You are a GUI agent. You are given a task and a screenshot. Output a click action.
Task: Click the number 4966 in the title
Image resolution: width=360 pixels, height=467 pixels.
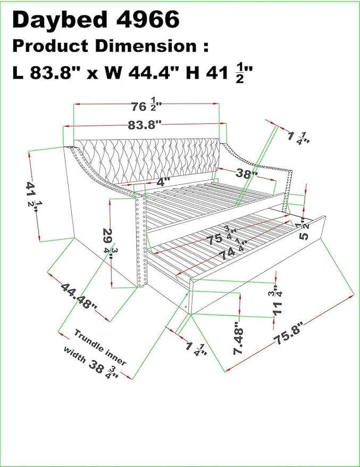[148, 19]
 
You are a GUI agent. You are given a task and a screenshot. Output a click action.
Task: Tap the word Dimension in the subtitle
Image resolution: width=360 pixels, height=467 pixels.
[146, 46]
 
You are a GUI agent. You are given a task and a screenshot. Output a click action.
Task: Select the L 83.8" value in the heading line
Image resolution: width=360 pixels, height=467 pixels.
[48, 73]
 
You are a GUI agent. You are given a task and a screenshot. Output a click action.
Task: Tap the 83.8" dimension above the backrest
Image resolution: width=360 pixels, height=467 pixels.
[145, 125]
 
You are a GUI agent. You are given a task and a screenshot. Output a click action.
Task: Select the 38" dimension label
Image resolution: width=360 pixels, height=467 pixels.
[246, 173]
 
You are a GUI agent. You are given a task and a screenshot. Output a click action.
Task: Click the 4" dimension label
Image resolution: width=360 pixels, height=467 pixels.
[162, 181]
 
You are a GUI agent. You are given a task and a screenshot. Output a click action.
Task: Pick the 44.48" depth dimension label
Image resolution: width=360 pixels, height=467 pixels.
[79, 296]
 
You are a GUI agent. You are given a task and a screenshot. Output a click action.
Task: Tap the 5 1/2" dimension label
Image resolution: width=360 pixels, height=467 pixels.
[304, 230]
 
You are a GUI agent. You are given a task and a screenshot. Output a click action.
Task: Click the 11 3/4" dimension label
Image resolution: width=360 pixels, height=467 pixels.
[277, 303]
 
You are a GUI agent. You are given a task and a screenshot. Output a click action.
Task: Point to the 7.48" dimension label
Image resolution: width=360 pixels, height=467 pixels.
[238, 338]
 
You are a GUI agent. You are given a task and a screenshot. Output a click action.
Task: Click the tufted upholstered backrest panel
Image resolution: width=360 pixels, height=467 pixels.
[147, 161]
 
